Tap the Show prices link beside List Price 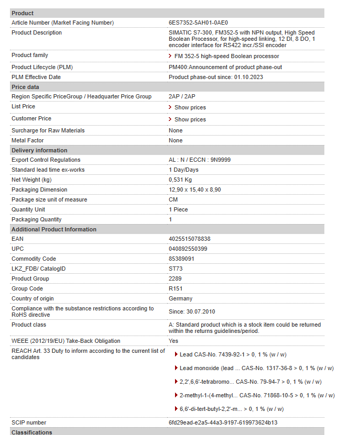point(190,107)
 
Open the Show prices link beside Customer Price point(190,119)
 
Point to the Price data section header point(25,87)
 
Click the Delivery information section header point(39,150)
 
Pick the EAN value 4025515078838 point(190,239)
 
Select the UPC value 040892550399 point(188,249)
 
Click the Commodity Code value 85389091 point(181,259)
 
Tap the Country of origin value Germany point(180,298)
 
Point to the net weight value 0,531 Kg point(180,180)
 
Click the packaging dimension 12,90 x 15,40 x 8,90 point(194,189)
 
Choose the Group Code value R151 point(176,288)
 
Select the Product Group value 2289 point(175,278)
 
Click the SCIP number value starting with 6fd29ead point(223,422)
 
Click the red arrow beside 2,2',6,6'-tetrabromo point(176,382)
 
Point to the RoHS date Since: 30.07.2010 point(192,311)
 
